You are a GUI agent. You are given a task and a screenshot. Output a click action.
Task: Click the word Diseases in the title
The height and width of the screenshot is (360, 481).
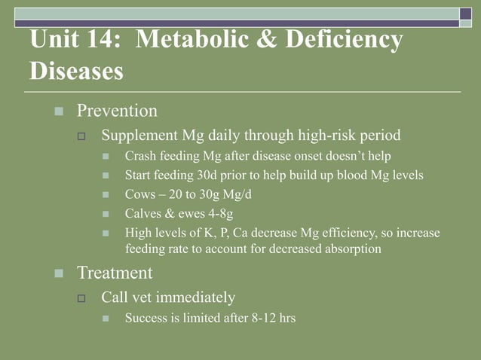point(76,72)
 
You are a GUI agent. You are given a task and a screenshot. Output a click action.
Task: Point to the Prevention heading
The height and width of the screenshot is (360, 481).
point(117,111)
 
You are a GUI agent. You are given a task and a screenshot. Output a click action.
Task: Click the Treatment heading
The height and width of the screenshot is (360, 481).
point(115,273)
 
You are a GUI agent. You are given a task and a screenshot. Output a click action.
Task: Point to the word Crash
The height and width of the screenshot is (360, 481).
point(140,157)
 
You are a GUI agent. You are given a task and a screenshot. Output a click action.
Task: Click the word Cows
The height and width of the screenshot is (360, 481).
point(139,194)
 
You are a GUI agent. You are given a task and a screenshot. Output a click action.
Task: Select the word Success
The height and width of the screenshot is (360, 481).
point(146,318)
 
